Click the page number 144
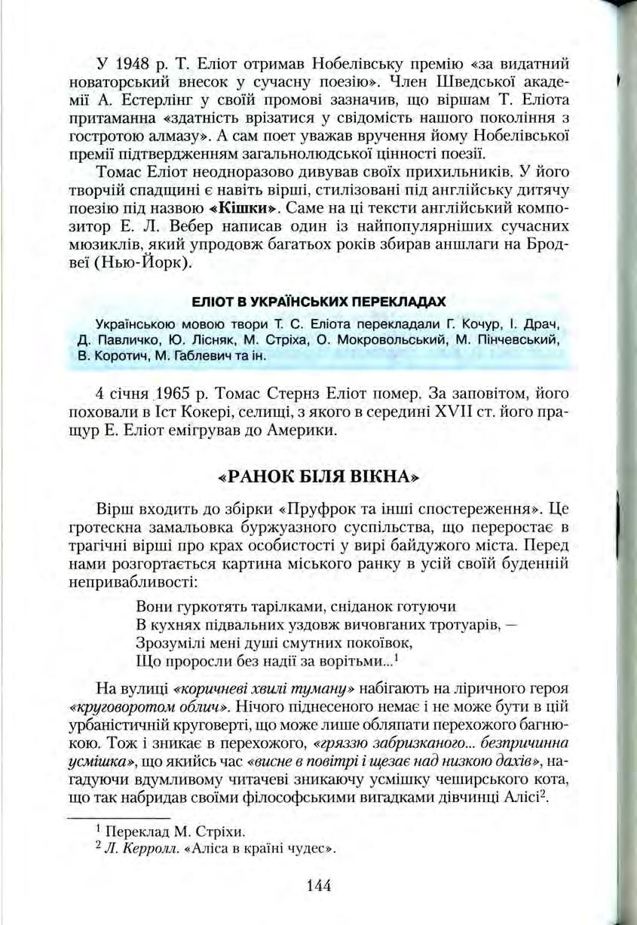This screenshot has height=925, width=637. (319, 885)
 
